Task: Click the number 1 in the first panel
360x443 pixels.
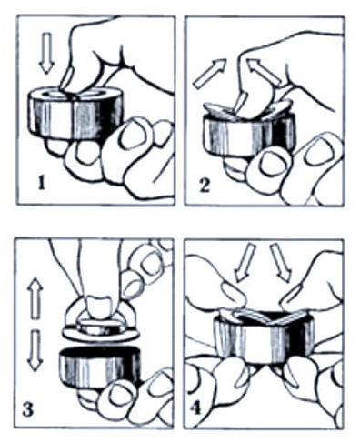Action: coord(42,183)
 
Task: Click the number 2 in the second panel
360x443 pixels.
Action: coord(205,186)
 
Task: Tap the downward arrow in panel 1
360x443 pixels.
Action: coord(46,54)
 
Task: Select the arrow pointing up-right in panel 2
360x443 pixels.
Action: coord(210,74)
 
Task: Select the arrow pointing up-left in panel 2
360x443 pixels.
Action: coord(265,72)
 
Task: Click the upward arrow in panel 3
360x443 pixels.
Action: coord(35,298)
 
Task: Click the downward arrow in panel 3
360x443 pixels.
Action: coord(34,351)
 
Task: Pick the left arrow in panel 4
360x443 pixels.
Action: coord(245,263)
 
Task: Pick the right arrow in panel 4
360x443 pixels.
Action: coord(281,263)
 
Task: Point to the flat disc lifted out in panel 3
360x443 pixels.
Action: coord(100,331)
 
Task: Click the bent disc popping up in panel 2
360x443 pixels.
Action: coord(248,109)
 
